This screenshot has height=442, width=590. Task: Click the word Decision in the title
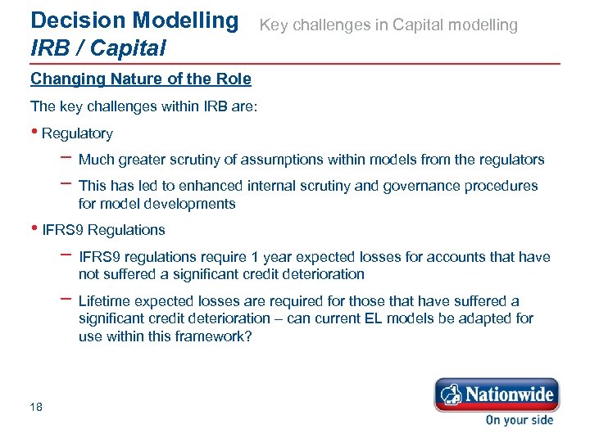[66, 20]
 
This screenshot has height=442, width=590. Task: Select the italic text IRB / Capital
[98, 48]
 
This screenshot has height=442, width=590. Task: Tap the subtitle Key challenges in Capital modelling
[388, 25]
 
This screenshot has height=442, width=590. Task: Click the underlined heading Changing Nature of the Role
[140, 79]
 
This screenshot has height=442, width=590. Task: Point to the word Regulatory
[77, 133]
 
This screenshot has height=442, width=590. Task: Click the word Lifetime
[104, 301]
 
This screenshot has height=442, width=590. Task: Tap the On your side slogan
[519, 420]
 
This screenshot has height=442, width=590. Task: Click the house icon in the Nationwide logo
[448, 396]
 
